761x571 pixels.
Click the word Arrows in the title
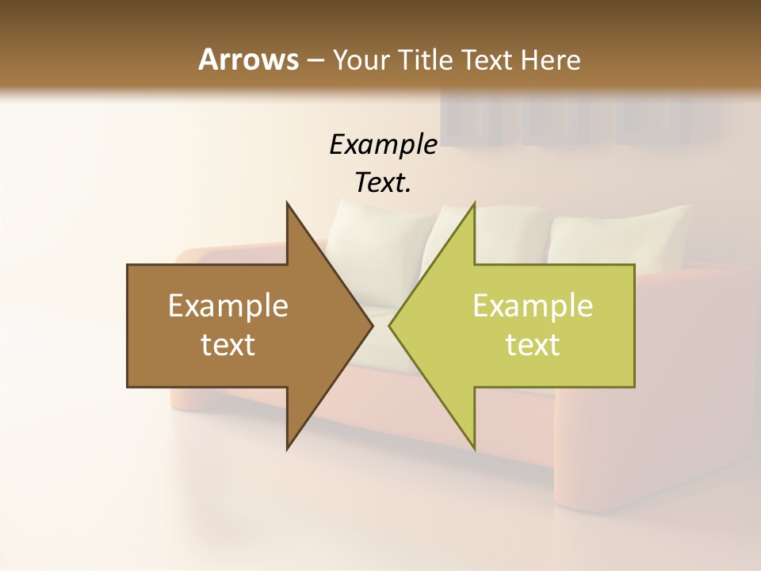click(248, 59)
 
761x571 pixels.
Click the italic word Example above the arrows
click(383, 144)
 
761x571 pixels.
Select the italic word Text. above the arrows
click(383, 182)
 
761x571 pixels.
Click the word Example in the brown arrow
click(228, 306)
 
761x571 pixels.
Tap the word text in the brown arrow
click(228, 345)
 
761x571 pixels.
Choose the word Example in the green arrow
click(533, 306)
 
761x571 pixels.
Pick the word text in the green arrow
click(533, 345)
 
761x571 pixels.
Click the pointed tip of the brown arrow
click(371, 326)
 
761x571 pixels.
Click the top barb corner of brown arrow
click(288, 205)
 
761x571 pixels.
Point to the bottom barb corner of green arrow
click(474, 448)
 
